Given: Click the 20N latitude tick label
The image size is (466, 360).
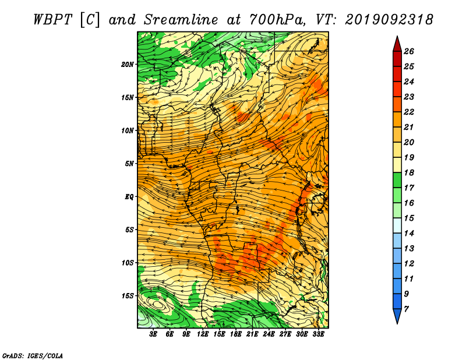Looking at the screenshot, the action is [x=128, y=65].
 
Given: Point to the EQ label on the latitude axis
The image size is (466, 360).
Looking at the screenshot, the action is [x=129, y=197].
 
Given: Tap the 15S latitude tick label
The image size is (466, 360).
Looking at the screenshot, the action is [x=128, y=296].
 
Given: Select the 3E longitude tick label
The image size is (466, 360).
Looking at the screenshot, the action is [x=153, y=334].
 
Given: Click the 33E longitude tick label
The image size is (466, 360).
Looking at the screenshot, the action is [x=318, y=334].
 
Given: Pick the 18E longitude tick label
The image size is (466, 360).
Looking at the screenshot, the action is [x=236, y=334].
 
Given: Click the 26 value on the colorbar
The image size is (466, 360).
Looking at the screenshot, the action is [x=409, y=51].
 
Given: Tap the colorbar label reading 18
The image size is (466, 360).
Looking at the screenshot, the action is [x=409, y=172].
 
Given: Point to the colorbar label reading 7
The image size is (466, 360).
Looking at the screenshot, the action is [x=406, y=309].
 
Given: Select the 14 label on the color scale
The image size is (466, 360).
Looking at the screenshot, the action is [x=409, y=234].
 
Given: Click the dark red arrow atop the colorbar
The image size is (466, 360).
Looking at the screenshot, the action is [x=397, y=44].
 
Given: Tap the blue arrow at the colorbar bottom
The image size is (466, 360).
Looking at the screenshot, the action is [x=397, y=316].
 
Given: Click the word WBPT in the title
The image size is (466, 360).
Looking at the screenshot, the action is [x=52, y=20].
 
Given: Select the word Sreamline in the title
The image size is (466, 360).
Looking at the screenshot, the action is [x=181, y=20].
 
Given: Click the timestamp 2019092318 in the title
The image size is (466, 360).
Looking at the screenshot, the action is [x=389, y=20].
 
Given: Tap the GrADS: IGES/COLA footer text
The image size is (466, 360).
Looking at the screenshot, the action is [x=33, y=356].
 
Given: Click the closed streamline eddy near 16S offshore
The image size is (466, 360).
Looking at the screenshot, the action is [x=157, y=305].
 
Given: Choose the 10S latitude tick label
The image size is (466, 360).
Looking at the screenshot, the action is [x=128, y=263].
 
